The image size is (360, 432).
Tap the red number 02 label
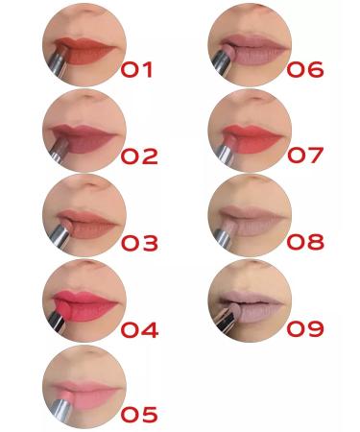click(x=138, y=156)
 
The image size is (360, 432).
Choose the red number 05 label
click(x=139, y=415)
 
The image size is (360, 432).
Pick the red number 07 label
click(x=305, y=156)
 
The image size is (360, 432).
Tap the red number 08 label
click(x=305, y=242)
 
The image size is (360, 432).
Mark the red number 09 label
click(x=305, y=329)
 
